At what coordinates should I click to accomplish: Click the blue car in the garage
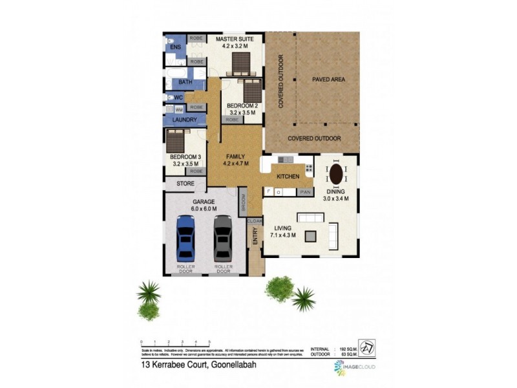tap(185, 239)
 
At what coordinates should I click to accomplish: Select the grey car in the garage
tap(222, 239)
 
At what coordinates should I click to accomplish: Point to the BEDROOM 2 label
tap(242, 105)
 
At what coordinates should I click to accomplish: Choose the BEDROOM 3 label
tap(183, 157)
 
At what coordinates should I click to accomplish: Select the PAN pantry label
tap(304, 192)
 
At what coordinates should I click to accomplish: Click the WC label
tap(179, 98)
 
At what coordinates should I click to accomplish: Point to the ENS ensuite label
tap(174, 48)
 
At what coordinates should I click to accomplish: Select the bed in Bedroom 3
tap(176, 140)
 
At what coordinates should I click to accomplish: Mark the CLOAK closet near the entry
tap(254, 221)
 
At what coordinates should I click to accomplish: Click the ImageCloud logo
tap(354, 368)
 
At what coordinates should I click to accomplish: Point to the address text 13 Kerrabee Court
tap(184, 365)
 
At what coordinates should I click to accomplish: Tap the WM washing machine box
tap(178, 110)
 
